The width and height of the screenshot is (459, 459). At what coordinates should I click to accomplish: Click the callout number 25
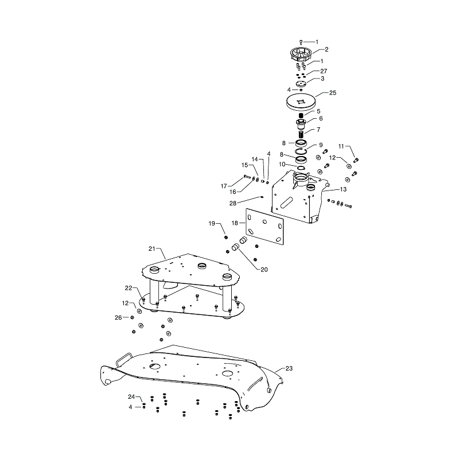pos(333,93)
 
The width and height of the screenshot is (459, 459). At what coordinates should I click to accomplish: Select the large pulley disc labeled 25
pos(300,102)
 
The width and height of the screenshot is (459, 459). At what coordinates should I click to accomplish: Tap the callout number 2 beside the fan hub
pos(326,49)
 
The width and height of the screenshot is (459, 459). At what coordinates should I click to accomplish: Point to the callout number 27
pos(324,71)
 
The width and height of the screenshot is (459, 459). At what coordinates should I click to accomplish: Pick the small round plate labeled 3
pos(301,84)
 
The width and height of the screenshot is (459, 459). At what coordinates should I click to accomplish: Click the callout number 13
pos(343,189)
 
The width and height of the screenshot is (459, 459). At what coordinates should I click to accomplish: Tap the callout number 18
pos(235,223)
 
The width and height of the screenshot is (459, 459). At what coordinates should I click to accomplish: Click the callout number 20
pos(264,270)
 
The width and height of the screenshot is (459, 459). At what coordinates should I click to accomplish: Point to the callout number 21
pos(151,249)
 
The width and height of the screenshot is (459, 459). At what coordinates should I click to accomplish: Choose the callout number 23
pos(289,368)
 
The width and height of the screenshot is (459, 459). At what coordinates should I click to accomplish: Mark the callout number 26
pos(118,318)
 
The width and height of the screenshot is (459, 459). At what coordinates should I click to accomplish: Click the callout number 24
pos(131,397)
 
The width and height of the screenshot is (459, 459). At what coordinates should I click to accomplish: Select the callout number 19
pos(212,224)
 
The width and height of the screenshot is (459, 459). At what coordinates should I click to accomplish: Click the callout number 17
pos(224,186)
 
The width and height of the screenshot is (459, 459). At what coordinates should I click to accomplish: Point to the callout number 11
pos(341,146)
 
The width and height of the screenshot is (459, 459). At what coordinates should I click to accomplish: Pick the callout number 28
pos(233,203)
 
